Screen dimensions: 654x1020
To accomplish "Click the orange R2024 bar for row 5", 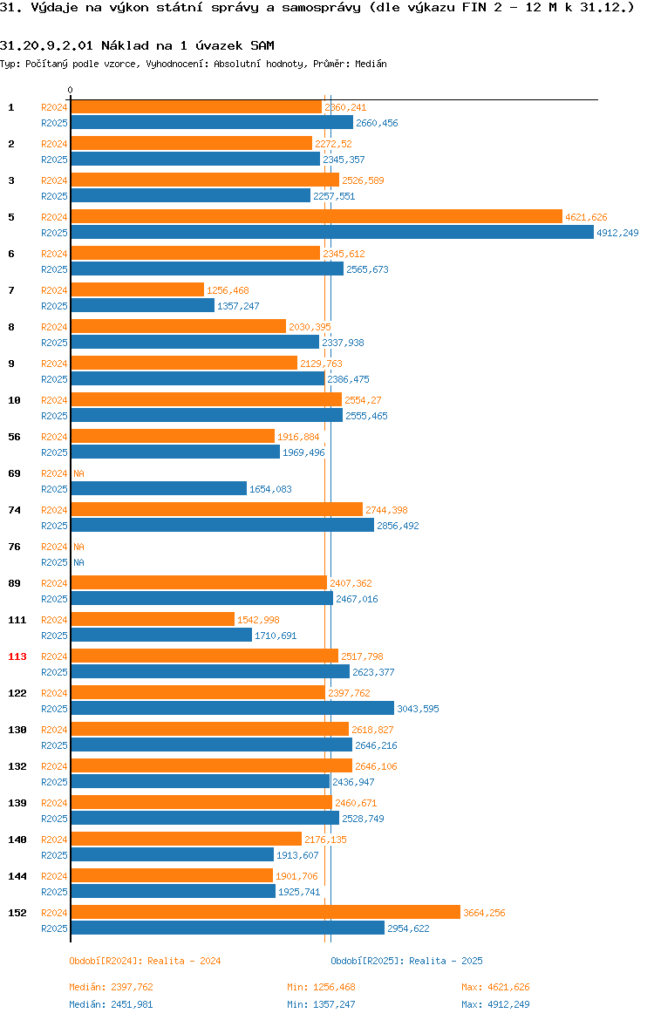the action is click(x=317, y=216).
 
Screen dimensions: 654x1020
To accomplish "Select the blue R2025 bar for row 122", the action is click(x=232, y=709).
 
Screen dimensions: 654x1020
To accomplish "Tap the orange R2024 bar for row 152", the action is click(x=265, y=913).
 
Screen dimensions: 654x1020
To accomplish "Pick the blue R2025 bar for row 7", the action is click(x=142, y=306).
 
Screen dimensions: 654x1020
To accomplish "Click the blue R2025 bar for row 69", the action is click(x=159, y=488).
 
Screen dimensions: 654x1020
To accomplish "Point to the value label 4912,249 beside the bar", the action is click(x=617, y=233).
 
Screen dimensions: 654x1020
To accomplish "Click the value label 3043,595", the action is click(x=418, y=709).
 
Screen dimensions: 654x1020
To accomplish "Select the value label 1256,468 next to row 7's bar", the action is click(x=228, y=291).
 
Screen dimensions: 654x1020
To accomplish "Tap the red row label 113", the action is click(x=17, y=656).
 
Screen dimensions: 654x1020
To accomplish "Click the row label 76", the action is click(x=14, y=547).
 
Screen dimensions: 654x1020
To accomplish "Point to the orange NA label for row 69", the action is click(x=78, y=473).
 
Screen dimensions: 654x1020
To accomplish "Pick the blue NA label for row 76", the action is click(x=78, y=562).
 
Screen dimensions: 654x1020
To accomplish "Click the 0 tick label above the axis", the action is click(x=71, y=91).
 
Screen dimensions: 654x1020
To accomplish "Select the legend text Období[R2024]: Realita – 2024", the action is click(x=145, y=961).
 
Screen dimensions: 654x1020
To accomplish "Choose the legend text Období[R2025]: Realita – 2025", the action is click(x=406, y=961).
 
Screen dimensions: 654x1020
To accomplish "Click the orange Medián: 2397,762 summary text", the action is click(x=112, y=987).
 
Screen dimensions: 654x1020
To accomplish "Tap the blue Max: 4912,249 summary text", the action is click(x=495, y=1004).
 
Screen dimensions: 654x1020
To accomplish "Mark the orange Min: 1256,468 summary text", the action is click(x=322, y=987).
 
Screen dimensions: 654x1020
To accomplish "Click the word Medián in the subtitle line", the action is click(x=371, y=64).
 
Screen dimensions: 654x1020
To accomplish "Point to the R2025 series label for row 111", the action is click(x=54, y=636).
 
